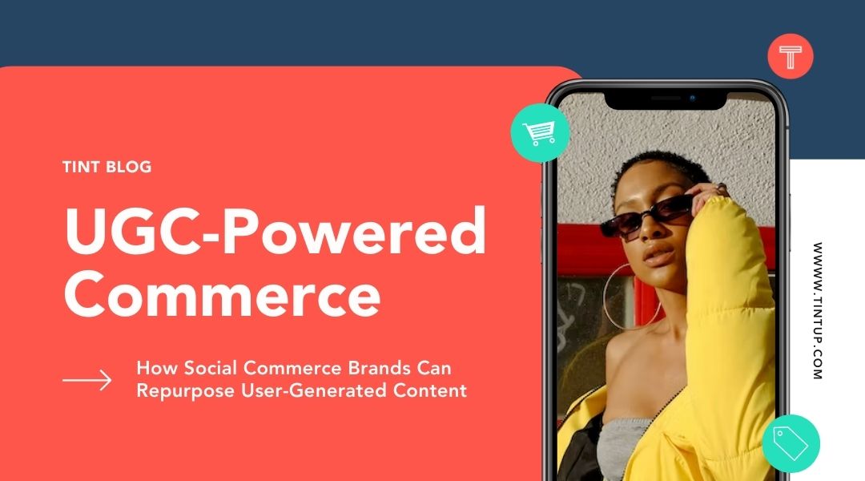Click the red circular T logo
pyautogui.click(x=790, y=56)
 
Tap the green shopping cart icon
pyautogui.click(x=540, y=133)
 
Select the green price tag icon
pyautogui.click(x=791, y=443)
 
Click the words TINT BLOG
pyautogui.click(x=107, y=167)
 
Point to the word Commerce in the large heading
pyautogui.click(x=223, y=293)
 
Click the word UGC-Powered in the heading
pyautogui.click(x=276, y=230)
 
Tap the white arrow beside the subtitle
pyautogui.click(x=87, y=380)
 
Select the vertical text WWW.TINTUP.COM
pyautogui.click(x=818, y=310)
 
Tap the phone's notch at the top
pyautogui.click(x=666, y=100)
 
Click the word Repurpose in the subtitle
pyautogui.click(x=186, y=391)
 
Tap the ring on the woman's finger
pyautogui.click(x=722, y=188)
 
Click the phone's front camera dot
pyautogui.click(x=692, y=99)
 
